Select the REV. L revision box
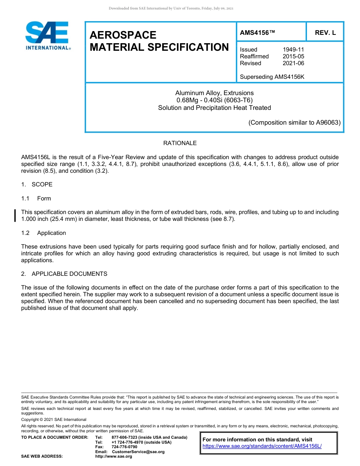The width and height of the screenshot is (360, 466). (325, 33)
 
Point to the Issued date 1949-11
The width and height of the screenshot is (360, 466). (293, 50)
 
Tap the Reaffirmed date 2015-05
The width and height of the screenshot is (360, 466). (293, 56)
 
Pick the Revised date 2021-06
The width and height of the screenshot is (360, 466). (293, 63)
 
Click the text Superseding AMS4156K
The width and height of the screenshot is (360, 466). (272, 77)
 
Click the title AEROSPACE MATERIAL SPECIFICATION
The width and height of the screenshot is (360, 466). (159, 41)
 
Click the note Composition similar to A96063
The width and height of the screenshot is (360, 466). (294, 122)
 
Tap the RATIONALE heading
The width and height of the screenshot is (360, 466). (180, 143)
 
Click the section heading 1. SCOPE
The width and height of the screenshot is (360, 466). (37, 185)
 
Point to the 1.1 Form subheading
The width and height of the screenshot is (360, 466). (36, 199)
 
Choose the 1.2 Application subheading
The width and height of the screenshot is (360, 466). (44, 233)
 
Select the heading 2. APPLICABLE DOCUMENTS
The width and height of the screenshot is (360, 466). (64, 274)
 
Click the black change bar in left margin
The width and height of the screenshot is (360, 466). (15, 215)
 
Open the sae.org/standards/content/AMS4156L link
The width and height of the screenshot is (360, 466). (262, 446)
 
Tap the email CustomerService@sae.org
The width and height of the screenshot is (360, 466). (138, 452)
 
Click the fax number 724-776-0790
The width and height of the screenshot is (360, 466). (124, 447)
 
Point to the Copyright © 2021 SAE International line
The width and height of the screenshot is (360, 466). (54, 419)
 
